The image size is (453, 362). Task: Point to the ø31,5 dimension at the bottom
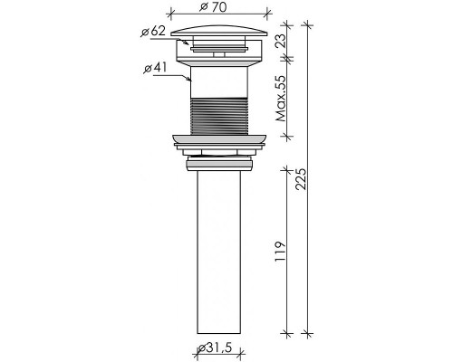(218, 349)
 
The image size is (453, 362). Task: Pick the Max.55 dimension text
(282, 98)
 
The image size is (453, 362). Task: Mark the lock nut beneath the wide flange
(218, 163)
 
